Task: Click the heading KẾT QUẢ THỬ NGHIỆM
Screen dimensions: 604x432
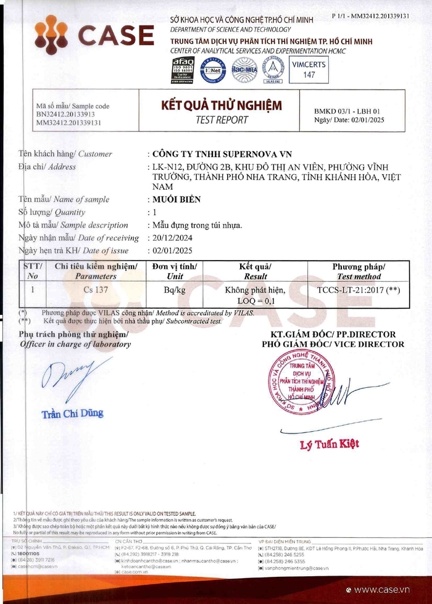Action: [221, 105]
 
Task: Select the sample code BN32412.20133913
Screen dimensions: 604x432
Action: [65, 114]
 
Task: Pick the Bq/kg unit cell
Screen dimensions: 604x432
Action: [175, 289]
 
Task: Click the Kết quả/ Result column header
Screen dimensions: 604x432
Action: [255, 271]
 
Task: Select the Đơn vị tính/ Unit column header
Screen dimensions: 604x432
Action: [175, 271]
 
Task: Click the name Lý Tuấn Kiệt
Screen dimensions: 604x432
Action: [329, 443]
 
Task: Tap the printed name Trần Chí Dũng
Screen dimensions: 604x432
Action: [72, 413]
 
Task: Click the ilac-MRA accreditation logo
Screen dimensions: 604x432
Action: [244, 69]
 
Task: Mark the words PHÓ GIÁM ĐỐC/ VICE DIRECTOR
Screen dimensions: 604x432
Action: [333, 344]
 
